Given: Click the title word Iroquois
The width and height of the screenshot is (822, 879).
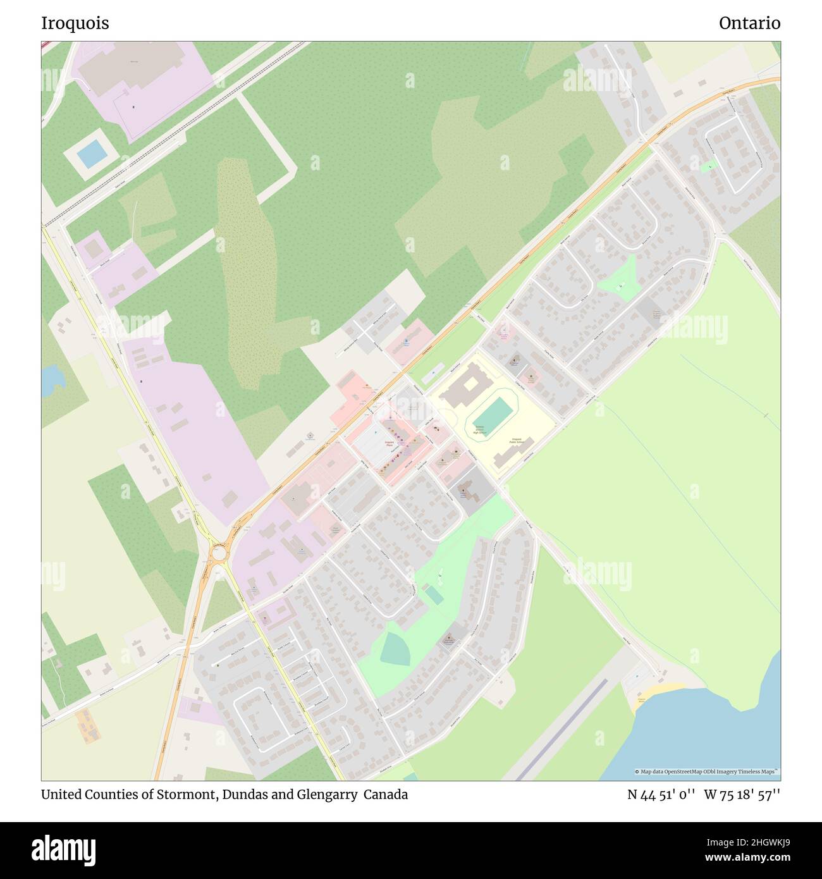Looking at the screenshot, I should (x=75, y=23).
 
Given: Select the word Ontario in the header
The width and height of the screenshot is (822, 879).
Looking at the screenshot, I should (x=749, y=23).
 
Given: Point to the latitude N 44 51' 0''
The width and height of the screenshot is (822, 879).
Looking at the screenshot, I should (x=662, y=794).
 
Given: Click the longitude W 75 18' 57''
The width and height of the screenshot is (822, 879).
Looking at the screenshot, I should (x=742, y=794).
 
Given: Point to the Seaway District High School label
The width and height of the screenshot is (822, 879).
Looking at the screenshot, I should (x=480, y=429).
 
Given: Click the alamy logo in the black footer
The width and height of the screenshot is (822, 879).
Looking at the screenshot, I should (x=64, y=849).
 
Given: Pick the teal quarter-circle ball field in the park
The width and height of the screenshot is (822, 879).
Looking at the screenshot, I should (x=395, y=649).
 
